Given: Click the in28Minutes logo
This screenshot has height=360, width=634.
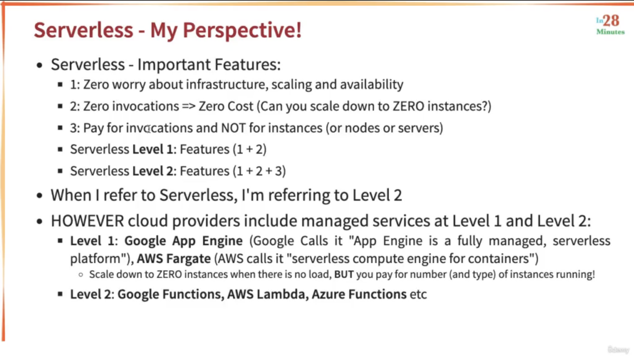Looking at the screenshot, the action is point(610,25).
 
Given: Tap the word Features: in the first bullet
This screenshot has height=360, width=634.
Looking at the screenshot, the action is point(247,64).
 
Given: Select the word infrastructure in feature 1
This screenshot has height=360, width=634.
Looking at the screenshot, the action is point(227,85).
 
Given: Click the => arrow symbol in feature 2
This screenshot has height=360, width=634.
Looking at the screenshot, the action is point(189,107).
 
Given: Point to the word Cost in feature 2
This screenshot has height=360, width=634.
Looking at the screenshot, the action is point(240,106).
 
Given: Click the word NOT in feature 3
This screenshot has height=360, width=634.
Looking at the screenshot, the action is point(233,128).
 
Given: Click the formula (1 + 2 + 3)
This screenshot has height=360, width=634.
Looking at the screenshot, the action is point(259,171).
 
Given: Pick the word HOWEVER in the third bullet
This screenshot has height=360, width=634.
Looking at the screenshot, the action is point(87,221).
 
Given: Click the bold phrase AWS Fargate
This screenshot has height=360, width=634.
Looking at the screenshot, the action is point(174,259).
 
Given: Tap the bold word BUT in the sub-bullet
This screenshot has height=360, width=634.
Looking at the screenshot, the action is point(343,274).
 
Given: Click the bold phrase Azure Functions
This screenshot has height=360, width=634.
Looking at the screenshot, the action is point(359,294).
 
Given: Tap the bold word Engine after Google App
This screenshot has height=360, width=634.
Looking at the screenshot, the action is point(222,241).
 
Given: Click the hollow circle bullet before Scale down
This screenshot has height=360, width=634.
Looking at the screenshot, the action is point(81,275).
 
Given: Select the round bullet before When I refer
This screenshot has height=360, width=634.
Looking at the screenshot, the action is point(39,196).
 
